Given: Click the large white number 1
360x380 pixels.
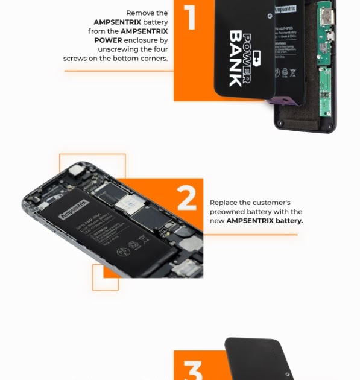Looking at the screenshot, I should (191, 17).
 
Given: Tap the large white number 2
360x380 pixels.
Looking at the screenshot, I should (187, 198).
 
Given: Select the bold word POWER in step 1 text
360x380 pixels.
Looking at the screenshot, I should (108, 40).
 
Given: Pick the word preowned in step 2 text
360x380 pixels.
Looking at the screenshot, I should (227, 212).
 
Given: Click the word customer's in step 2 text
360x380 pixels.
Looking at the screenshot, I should (271, 203).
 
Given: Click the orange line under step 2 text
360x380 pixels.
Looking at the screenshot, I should (254, 235).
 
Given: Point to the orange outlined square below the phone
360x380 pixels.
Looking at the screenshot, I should (105, 277).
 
